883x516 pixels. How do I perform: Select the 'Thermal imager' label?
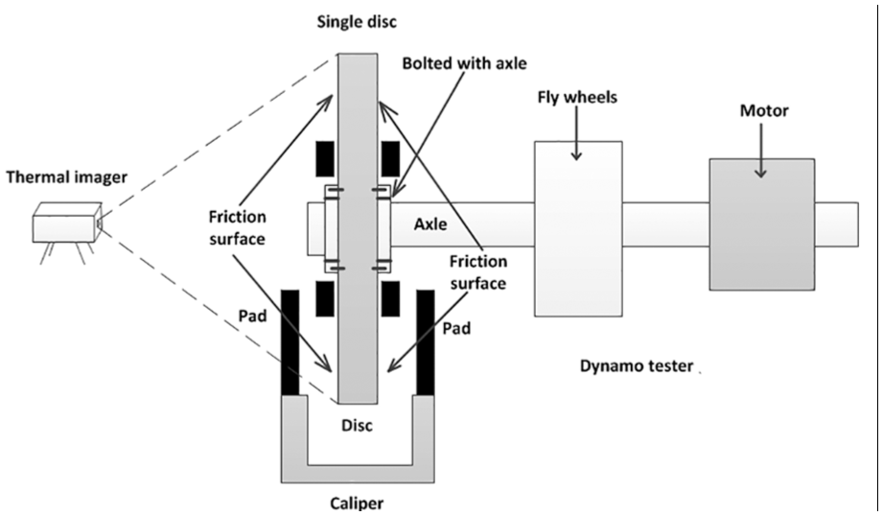[66, 177]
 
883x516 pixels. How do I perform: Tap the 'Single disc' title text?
[357, 22]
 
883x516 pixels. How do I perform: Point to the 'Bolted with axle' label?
[464, 63]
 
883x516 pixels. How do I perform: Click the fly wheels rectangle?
[578, 228]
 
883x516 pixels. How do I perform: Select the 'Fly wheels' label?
[577, 98]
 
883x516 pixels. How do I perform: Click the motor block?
[762, 224]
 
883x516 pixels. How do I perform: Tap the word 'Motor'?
[764, 110]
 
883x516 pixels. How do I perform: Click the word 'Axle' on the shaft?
[430, 224]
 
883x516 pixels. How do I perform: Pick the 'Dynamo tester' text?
[637, 366]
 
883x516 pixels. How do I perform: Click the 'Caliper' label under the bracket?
[357, 503]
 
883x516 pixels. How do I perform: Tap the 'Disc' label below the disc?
[357, 425]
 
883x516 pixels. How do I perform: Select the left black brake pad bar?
[290, 342]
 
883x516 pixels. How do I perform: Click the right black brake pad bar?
[426, 342]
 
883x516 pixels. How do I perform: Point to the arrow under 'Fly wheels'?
[576, 133]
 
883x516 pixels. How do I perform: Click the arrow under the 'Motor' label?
[761, 150]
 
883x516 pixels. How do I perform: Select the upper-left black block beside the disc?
[325, 159]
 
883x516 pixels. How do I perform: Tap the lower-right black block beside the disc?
[391, 298]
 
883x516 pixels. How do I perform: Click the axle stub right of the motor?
[837, 224]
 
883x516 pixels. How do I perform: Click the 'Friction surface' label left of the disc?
[237, 227]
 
